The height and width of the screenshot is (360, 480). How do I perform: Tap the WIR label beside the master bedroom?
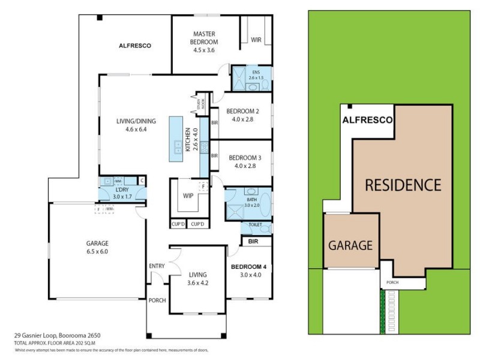(256, 41)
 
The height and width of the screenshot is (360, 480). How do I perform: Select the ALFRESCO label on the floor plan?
(135, 46)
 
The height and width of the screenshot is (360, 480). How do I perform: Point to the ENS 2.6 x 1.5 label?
(257, 75)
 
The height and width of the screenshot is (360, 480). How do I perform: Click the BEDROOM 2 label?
(242, 115)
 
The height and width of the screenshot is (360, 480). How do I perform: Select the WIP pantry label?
(188, 196)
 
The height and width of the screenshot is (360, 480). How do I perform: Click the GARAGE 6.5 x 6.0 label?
(96, 247)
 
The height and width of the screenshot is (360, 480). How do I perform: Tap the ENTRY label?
(157, 266)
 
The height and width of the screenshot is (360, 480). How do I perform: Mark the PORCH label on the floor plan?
(157, 301)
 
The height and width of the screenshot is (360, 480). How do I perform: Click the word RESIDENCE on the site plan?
(403, 184)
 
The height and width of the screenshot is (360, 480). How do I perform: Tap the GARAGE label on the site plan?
(351, 245)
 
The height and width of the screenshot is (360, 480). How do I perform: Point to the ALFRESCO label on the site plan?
(367, 120)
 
